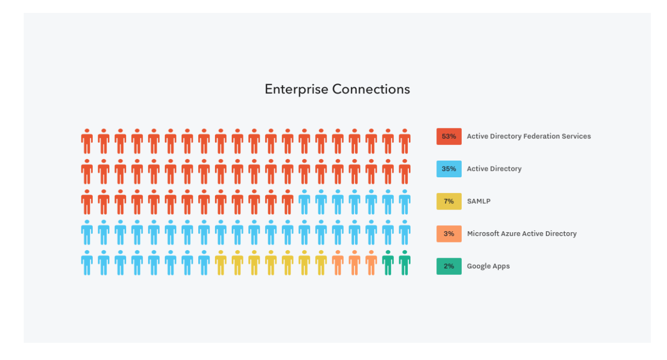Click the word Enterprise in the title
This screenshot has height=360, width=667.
coord(296,89)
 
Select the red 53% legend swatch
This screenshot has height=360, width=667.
coord(449,136)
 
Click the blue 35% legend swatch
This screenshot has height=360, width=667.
coord(449,169)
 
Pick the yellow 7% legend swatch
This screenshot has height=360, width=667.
coord(449,201)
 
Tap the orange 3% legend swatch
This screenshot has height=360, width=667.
coord(449,233)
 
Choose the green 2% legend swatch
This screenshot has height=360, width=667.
coord(449,266)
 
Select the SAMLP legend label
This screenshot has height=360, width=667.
coord(478,201)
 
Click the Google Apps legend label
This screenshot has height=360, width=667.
coord(488,266)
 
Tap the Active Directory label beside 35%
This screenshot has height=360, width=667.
coord(494,169)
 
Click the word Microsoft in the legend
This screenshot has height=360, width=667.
coord(484,233)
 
